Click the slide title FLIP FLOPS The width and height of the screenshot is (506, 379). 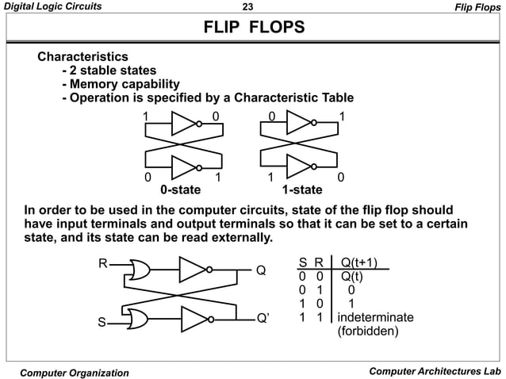tap(254, 29)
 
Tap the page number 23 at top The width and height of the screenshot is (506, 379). tap(246, 8)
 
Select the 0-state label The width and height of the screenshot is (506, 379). tap(180, 190)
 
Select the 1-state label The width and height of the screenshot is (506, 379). tap(302, 190)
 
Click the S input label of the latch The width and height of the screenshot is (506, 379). tap(102, 322)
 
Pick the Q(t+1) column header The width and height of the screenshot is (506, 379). tap(358, 263)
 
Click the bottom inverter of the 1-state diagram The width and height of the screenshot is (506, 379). tap(301, 167)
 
